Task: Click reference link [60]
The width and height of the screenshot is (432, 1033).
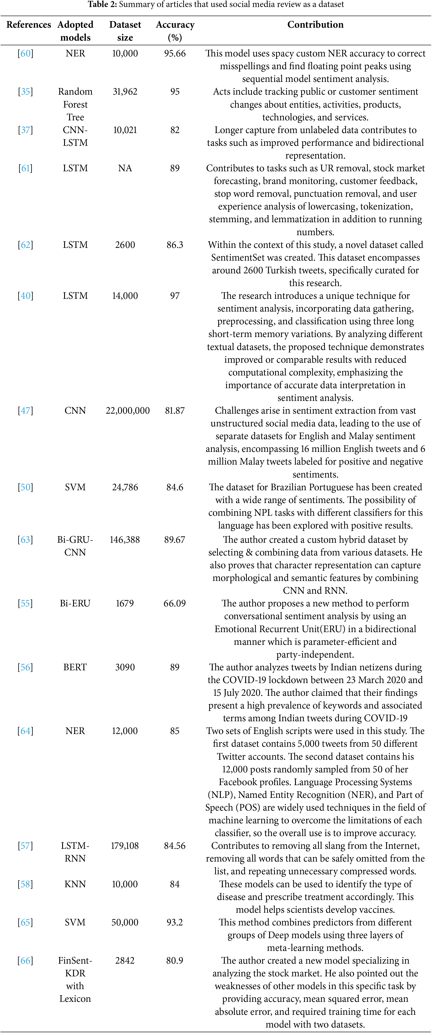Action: tap(25, 53)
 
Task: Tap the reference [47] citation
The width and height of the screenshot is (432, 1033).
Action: tap(25, 411)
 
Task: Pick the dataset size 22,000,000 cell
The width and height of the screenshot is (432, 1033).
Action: tap(128, 411)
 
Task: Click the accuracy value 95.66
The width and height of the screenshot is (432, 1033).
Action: tap(175, 53)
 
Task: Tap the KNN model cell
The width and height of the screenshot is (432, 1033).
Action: tap(75, 884)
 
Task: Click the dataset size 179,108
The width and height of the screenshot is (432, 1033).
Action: tap(125, 846)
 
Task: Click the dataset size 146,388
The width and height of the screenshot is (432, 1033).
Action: tap(125, 540)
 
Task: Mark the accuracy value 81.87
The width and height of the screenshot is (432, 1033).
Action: tap(175, 411)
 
